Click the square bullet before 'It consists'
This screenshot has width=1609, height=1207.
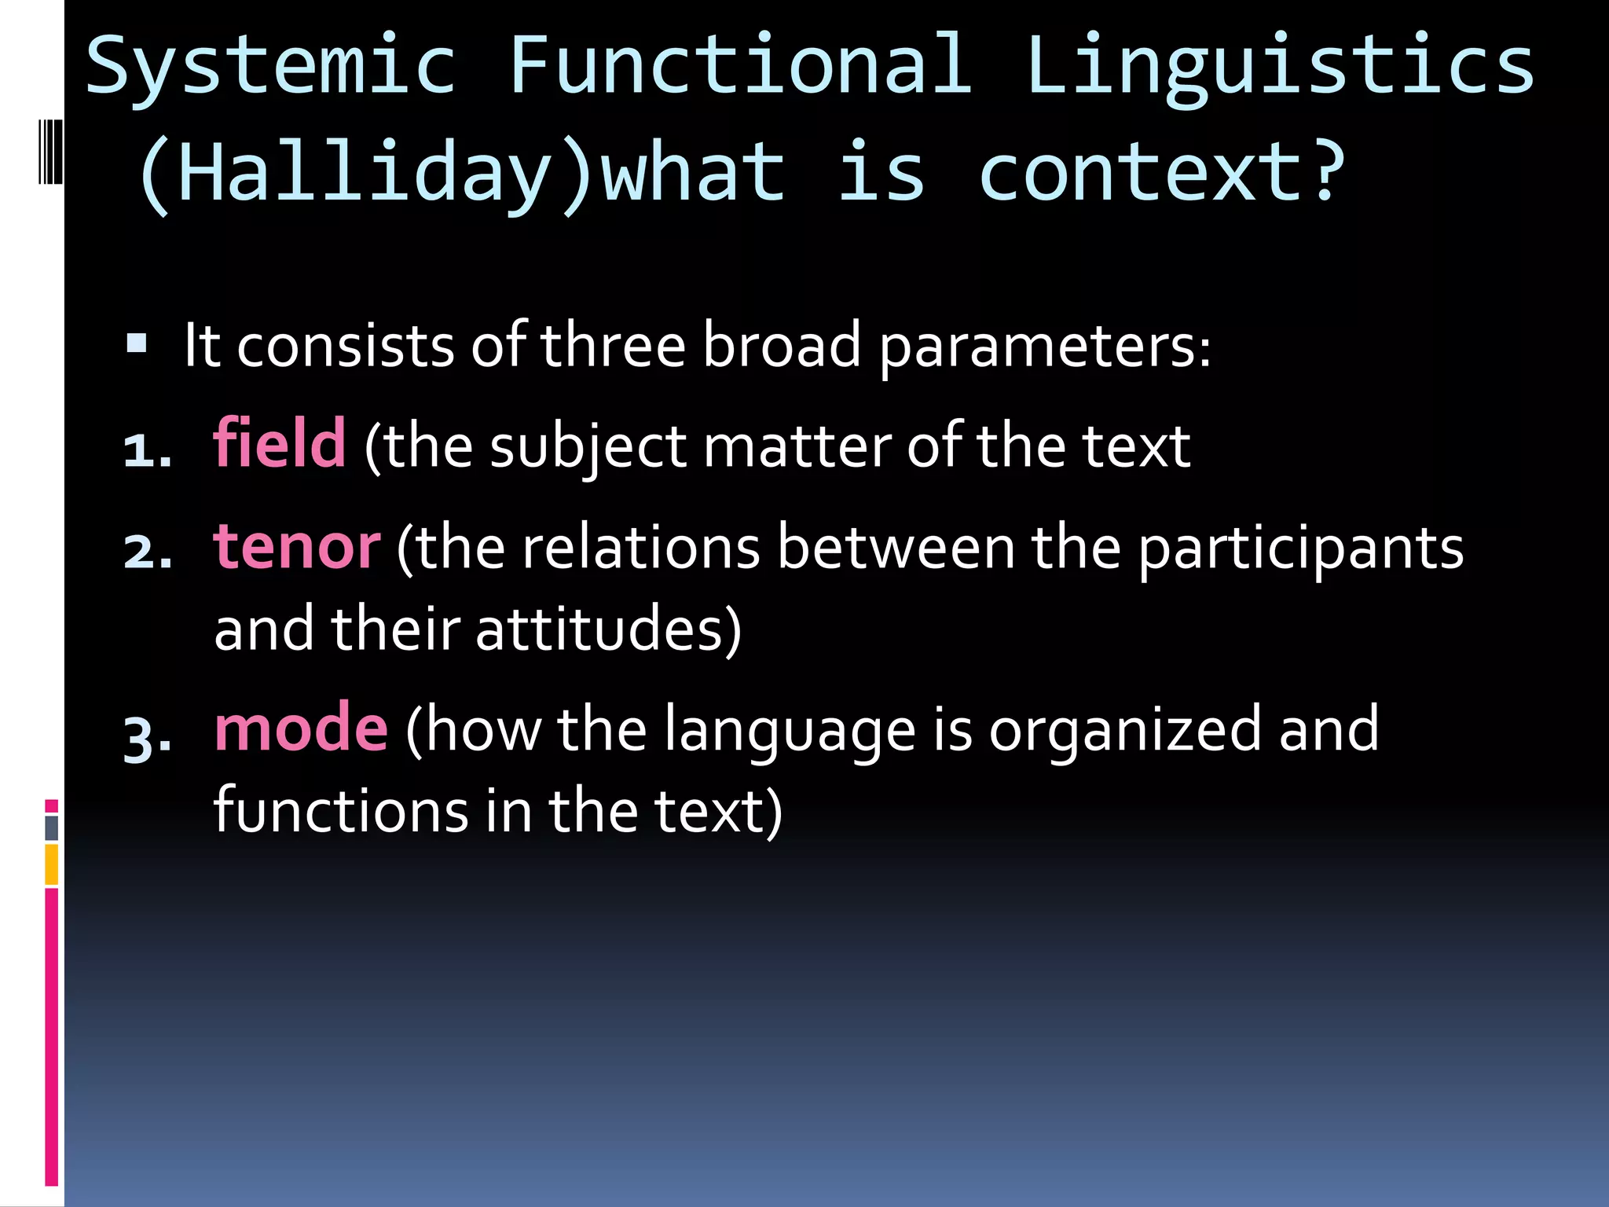coord(137,343)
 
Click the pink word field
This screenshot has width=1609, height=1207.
coord(280,444)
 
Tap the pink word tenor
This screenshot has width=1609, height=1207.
coord(297,547)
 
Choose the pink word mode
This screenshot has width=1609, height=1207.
coord(301,729)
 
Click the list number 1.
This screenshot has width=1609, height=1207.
coord(147,452)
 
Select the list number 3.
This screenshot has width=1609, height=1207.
coord(147,739)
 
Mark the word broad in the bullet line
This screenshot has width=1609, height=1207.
coord(781,346)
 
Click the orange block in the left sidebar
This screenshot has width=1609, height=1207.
coord(52,864)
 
